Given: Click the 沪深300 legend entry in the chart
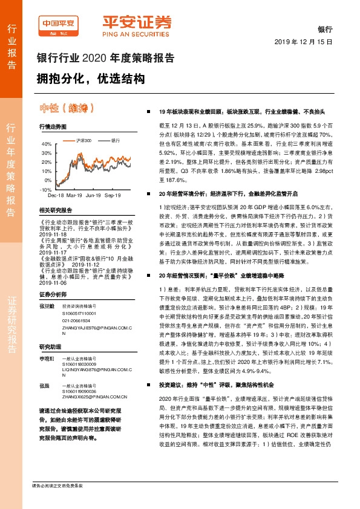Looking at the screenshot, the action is pyautogui.click(x=84, y=140).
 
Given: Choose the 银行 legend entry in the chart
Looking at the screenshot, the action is pyautogui.click(x=114, y=140).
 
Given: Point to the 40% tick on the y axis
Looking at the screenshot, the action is pyautogui.click(x=45, y=144).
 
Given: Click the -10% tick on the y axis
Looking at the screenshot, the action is pyautogui.click(x=45, y=189).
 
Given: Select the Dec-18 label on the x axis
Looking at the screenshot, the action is pyautogui.click(x=56, y=196).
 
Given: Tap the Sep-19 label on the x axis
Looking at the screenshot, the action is pyautogui.click(x=113, y=196).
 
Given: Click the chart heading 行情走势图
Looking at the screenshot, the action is pyautogui.click(x=52, y=127).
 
